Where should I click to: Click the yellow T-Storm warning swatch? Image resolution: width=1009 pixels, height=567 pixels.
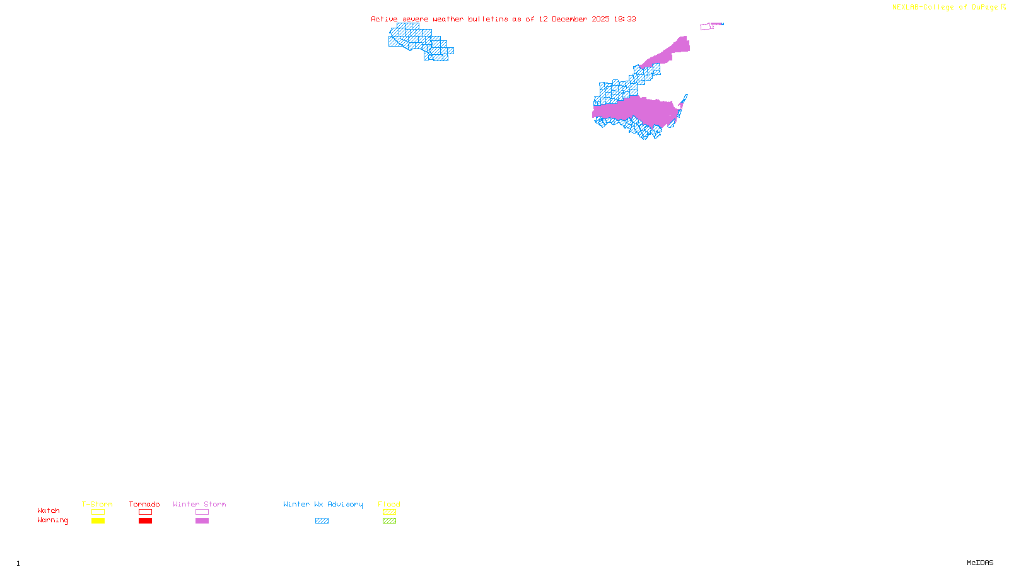98,521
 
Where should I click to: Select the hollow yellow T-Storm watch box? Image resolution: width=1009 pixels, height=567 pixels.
98,512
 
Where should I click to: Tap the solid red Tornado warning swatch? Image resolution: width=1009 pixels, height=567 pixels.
145,521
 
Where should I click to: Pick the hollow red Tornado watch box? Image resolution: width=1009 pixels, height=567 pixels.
145,512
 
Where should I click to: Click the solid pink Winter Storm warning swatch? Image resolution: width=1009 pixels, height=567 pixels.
202,521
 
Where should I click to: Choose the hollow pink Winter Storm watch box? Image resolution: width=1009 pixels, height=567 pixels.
202,512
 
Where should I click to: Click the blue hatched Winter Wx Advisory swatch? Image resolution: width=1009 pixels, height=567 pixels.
322,521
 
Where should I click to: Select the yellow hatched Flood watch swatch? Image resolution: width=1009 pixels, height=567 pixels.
389,512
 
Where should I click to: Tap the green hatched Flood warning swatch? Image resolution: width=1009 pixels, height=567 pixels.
389,521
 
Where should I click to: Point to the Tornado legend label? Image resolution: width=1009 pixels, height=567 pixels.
144,504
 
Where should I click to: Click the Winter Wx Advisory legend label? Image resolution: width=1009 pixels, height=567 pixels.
323,504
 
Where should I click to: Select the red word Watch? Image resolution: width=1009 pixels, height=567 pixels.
49,511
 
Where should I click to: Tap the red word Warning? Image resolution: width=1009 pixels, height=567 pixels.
53,520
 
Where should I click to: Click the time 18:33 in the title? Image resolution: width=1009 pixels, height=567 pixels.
625,19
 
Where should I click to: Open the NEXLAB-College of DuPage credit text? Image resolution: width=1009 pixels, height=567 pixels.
945,8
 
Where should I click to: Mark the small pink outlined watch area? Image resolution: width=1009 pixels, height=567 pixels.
707,26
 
